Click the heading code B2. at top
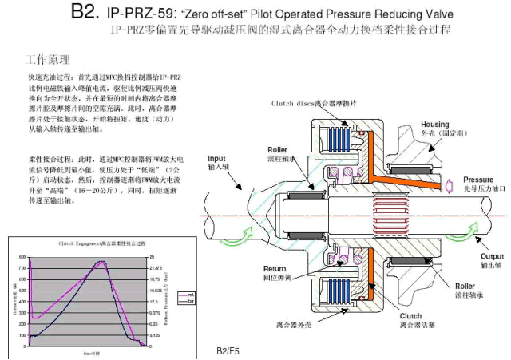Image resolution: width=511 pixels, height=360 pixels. pos(83,13)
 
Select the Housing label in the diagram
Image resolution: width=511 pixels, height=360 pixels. pos(435,125)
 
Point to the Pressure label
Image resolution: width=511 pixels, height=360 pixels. pos(478,180)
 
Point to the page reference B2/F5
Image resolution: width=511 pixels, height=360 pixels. pos(228,351)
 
